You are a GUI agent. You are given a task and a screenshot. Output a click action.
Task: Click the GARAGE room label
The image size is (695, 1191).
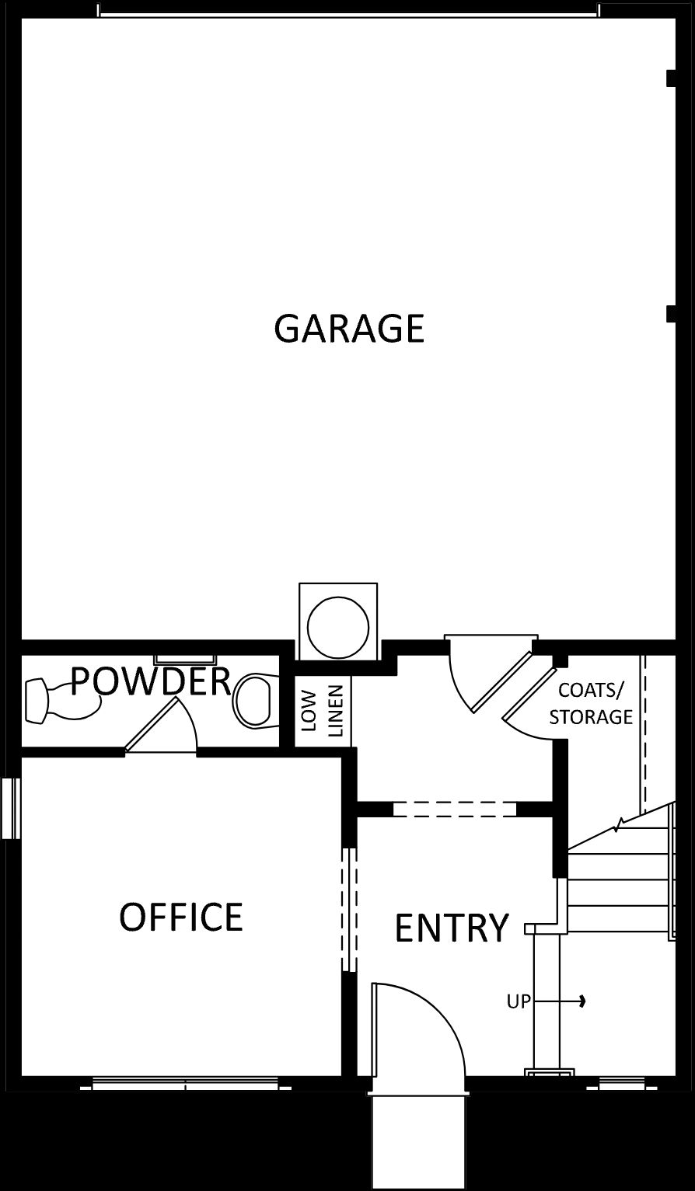(x=349, y=328)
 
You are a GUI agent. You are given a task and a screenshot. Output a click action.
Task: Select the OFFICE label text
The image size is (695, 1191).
(x=181, y=917)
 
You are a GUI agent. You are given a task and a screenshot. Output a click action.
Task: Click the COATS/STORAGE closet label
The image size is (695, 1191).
(x=591, y=703)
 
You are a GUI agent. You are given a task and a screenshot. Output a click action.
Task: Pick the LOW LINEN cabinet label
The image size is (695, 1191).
(x=323, y=710)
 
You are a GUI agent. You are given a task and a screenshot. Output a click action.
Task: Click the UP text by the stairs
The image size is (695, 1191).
(x=519, y=1002)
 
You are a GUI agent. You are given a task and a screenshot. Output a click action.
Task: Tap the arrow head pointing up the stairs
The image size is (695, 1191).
(x=582, y=1001)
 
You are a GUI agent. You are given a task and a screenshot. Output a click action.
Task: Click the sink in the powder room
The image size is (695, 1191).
(x=63, y=701)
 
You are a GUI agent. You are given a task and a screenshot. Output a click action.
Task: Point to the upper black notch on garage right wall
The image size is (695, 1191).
(x=672, y=78)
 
